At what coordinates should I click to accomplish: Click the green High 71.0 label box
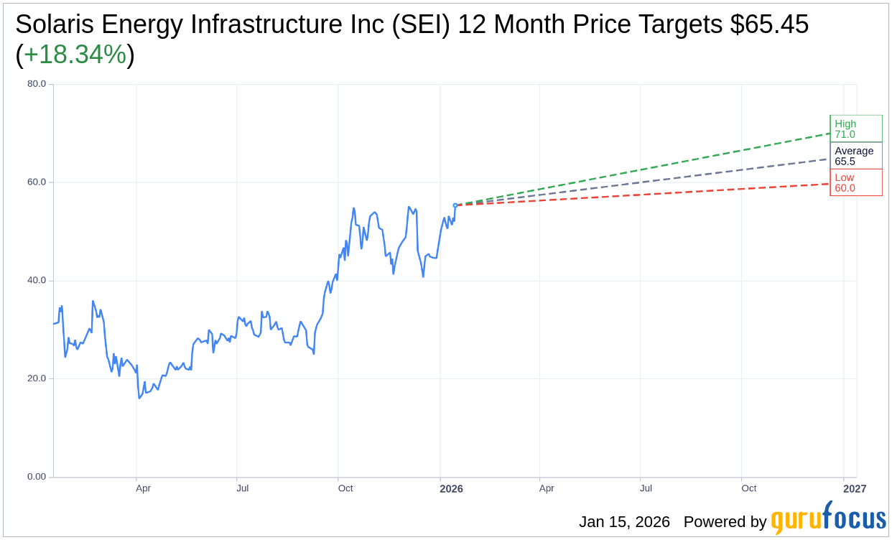[x=855, y=129]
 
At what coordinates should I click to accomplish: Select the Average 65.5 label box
[x=855, y=156]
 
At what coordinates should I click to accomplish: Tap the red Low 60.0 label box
[x=855, y=182]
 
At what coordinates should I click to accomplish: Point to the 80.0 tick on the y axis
[x=37, y=83]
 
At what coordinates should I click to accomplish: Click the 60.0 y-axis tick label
[x=37, y=182]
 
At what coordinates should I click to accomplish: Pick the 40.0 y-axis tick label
[x=37, y=280]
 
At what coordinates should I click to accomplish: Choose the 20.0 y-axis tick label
[x=37, y=378]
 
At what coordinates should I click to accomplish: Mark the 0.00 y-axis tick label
[x=37, y=477]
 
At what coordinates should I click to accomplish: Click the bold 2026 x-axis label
[x=451, y=489]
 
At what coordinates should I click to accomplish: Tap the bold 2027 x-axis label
[x=855, y=489]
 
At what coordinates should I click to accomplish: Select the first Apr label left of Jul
[x=143, y=488]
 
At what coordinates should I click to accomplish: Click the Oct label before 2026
[x=345, y=488]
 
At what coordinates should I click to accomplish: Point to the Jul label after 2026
[x=646, y=488]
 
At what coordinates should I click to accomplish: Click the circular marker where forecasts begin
[x=455, y=205]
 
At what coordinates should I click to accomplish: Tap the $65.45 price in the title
[x=769, y=24]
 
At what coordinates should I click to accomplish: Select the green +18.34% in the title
[x=75, y=55]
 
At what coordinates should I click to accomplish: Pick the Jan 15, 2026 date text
[x=624, y=522]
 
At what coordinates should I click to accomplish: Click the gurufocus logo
[x=828, y=518]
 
